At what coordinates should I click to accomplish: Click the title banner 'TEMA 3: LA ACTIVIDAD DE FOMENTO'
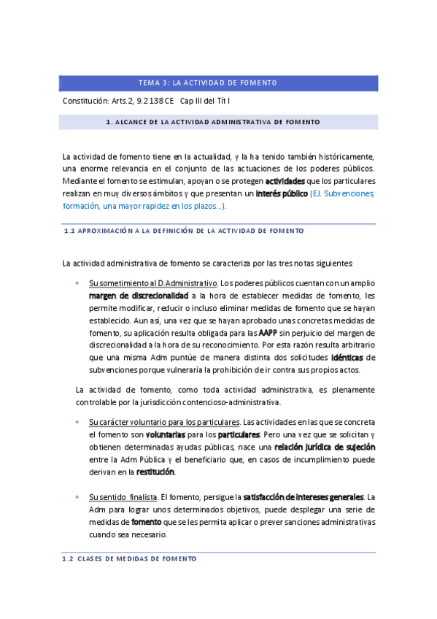218,82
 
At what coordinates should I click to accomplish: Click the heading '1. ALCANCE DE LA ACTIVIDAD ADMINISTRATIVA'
218,122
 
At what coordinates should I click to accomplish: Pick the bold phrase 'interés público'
281,193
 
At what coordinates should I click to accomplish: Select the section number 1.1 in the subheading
70,230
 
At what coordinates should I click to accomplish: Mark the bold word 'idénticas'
347,357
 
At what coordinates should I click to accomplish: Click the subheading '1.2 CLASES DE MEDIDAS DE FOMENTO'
129,558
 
